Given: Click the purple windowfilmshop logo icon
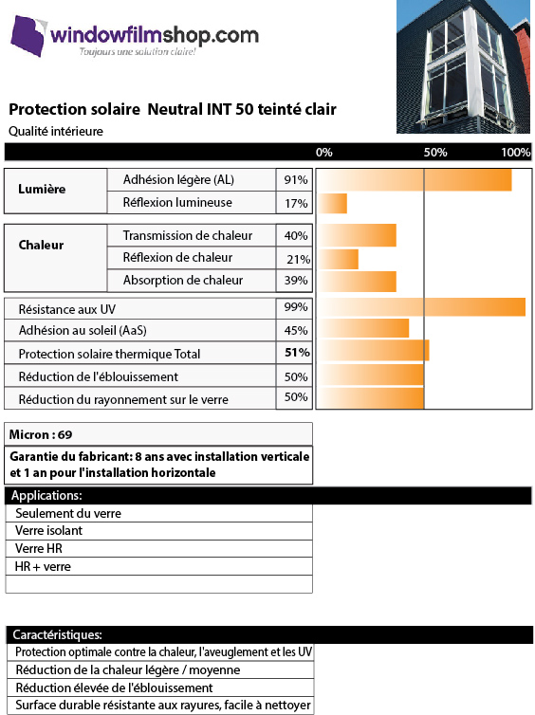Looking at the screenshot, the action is point(28,36).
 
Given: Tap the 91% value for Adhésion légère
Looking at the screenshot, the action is point(296,179).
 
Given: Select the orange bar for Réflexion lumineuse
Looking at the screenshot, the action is point(333,203).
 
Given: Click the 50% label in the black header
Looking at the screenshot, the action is point(435,153).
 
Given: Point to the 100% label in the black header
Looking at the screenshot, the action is point(515,153).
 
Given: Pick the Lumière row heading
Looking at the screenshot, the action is point(42,189).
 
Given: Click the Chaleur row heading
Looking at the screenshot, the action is point(41,245).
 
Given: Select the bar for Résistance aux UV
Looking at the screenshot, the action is point(421,307).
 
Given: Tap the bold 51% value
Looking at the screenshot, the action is point(297,353).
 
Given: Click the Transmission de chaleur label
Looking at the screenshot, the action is point(188,235).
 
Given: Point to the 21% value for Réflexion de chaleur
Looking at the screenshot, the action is point(298,260).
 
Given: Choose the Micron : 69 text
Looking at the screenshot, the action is point(41,434).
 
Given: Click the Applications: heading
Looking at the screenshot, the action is point(46,496).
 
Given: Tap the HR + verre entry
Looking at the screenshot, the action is point(43,567).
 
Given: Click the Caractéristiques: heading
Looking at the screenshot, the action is point(58,634).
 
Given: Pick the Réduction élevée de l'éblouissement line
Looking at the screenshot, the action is point(114,687).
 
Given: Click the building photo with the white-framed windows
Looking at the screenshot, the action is point(463,67).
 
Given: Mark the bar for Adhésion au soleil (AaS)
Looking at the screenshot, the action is point(363,328).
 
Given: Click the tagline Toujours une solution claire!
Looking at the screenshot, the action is point(138,51).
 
